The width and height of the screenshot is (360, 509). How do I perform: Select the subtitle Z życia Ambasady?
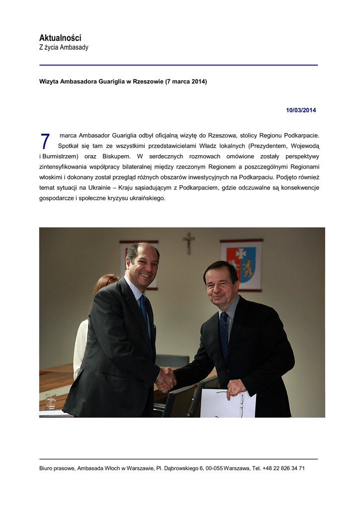pyautogui.click(x=64, y=48)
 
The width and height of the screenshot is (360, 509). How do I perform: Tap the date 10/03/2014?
pyautogui.click(x=301, y=110)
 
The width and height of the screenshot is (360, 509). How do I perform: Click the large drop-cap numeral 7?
pyautogui.click(x=45, y=142)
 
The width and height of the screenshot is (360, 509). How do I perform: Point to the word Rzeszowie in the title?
pyautogui.click(x=148, y=82)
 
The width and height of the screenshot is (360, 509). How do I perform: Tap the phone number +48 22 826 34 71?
pyautogui.click(x=284, y=468)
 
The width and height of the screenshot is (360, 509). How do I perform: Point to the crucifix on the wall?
pyautogui.click(x=188, y=243)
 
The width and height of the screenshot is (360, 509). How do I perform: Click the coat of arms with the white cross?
pyautogui.click(x=242, y=264)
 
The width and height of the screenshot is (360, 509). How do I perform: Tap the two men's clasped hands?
pyautogui.click(x=166, y=380)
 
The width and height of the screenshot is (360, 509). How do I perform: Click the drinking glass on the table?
pyautogui.click(x=50, y=401)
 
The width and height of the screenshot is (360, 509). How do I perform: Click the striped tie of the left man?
pyautogui.click(x=144, y=311)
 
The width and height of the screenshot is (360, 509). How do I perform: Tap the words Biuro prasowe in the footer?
pyautogui.click(x=57, y=468)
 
